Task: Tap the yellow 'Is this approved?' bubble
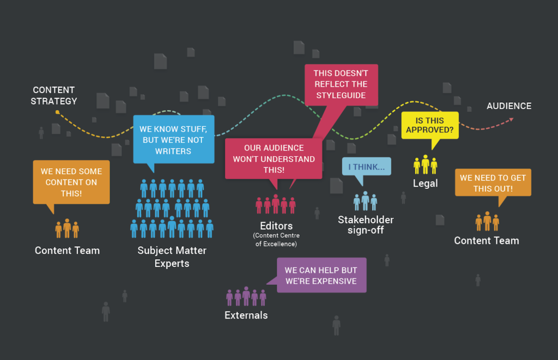tap(429, 125)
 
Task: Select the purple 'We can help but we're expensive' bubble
tap(321, 276)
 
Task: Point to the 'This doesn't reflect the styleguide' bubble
tap(341, 84)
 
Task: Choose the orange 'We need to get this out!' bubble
tap(493, 182)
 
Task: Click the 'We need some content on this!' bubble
tap(71, 182)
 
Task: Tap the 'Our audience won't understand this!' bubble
tap(274, 158)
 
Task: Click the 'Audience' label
tap(508, 106)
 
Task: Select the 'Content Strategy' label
tap(53, 95)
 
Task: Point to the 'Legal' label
tap(425, 183)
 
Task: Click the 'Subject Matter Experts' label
tap(171, 257)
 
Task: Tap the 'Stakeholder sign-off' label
tap(366, 225)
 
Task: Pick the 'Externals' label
tap(246, 315)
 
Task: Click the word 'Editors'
tap(276, 225)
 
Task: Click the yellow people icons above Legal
tap(425, 164)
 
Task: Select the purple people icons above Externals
tap(246, 297)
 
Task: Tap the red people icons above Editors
tap(276, 205)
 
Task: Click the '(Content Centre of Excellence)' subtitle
tap(276, 240)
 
